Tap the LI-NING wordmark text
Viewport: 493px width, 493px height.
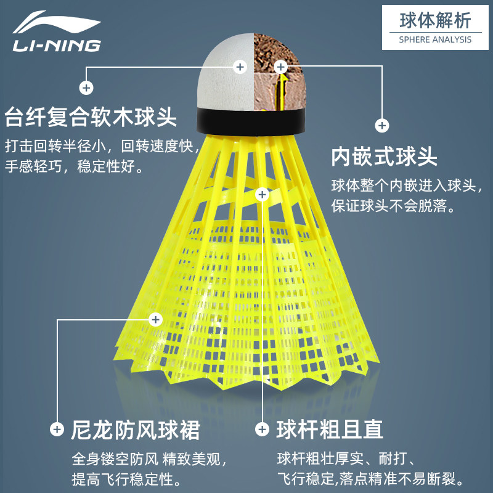[56, 46]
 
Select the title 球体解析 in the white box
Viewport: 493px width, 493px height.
[435, 20]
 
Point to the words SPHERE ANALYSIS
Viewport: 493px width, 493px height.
[435, 39]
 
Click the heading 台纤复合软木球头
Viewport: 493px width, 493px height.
[91, 116]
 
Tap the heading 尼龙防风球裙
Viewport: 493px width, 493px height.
[136, 430]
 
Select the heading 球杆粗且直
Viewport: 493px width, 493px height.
[330, 430]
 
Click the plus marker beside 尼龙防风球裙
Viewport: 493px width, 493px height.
[57, 429]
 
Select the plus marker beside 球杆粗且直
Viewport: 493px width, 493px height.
[263, 429]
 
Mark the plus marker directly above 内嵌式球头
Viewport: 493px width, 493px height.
[382, 126]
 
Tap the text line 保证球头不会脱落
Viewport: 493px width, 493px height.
[393, 206]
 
